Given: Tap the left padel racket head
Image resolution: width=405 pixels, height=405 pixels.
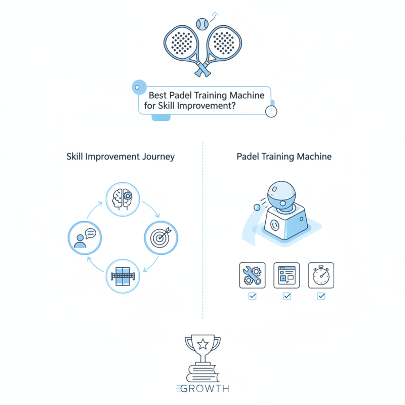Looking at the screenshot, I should pyautogui.click(x=181, y=42).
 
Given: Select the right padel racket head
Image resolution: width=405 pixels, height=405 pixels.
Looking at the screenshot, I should pyautogui.click(x=223, y=42).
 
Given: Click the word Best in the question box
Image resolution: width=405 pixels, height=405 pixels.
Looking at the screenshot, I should pyautogui.click(x=157, y=95).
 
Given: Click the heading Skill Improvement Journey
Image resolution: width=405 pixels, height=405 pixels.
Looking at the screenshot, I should pyautogui.click(x=120, y=156).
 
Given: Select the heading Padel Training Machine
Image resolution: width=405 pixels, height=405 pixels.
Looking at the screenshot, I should pyautogui.click(x=284, y=156).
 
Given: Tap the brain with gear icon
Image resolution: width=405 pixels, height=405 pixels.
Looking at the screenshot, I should pyautogui.click(x=121, y=198).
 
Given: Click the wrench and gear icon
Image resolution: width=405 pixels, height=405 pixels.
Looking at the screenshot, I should pyautogui.click(x=252, y=275).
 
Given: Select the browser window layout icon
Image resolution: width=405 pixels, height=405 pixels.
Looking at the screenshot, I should pyautogui.click(x=287, y=275).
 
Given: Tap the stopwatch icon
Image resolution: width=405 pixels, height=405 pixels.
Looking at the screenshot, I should pyautogui.click(x=320, y=275).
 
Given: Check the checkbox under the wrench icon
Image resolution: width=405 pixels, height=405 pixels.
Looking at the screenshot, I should pyautogui.click(x=252, y=296).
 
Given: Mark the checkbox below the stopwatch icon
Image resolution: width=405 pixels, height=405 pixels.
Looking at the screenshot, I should pyautogui.click(x=320, y=296).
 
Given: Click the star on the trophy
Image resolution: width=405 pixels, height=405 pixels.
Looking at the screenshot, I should pyautogui.click(x=202, y=345).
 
